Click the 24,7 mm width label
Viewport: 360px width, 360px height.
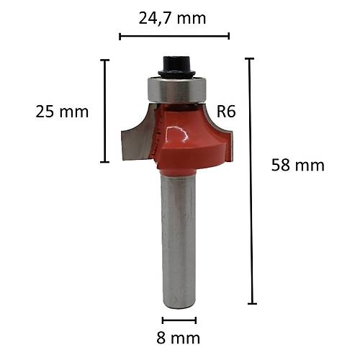[x=173, y=17]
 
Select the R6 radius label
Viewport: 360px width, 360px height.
[x=226, y=112]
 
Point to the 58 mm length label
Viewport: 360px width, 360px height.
[x=297, y=165]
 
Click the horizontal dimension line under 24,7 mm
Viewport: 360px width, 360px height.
[x=174, y=35]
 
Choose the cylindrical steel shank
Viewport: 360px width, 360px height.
[x=178, y=238]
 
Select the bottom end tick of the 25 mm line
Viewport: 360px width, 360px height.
[x=105, y=161]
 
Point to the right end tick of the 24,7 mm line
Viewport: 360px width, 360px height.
[x=228, y=35]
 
